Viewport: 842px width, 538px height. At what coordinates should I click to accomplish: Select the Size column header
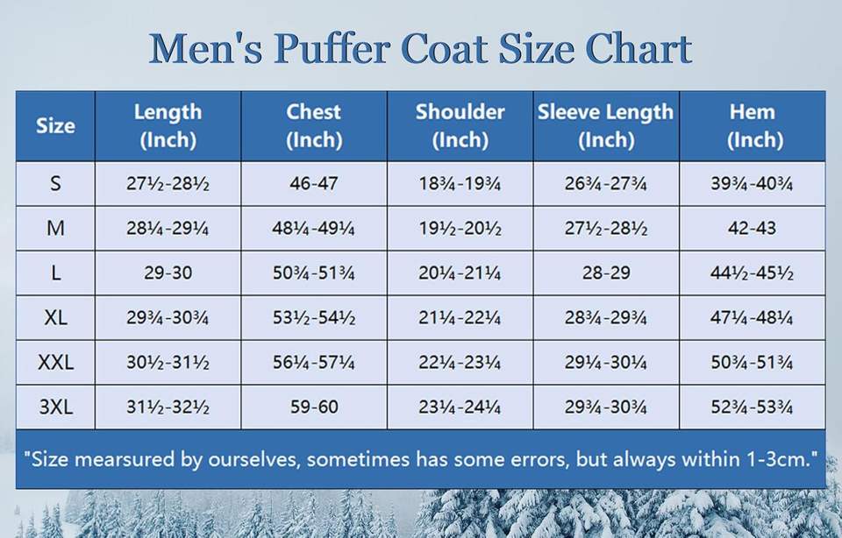point(55,125)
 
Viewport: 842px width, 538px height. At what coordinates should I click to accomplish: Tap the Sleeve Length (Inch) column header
point(605,125)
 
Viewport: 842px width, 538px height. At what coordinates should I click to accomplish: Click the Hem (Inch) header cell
point(752,125)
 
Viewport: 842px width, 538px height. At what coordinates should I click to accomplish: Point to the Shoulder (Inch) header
point(460,125)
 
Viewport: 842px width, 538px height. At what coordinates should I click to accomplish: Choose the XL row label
point(55,318)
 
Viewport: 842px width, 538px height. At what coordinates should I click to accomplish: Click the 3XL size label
point(55,407)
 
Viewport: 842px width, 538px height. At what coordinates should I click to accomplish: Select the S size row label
point(55,184)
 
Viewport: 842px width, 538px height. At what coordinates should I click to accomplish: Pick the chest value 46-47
point(313,184)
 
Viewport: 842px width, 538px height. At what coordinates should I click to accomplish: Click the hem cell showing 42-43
point(752,229)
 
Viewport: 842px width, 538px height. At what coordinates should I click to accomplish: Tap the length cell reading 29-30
point(168,273)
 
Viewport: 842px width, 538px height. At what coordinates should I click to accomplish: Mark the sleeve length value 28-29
point(605,273)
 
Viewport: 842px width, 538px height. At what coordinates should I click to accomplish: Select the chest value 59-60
point(313,407)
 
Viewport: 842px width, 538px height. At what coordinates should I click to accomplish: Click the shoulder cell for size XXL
point(460,363)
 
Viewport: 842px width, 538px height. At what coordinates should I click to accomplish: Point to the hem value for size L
point(752,273)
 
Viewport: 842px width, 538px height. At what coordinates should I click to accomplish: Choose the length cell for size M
point(168,229)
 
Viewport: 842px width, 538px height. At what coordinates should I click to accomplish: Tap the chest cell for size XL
point(313,318)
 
